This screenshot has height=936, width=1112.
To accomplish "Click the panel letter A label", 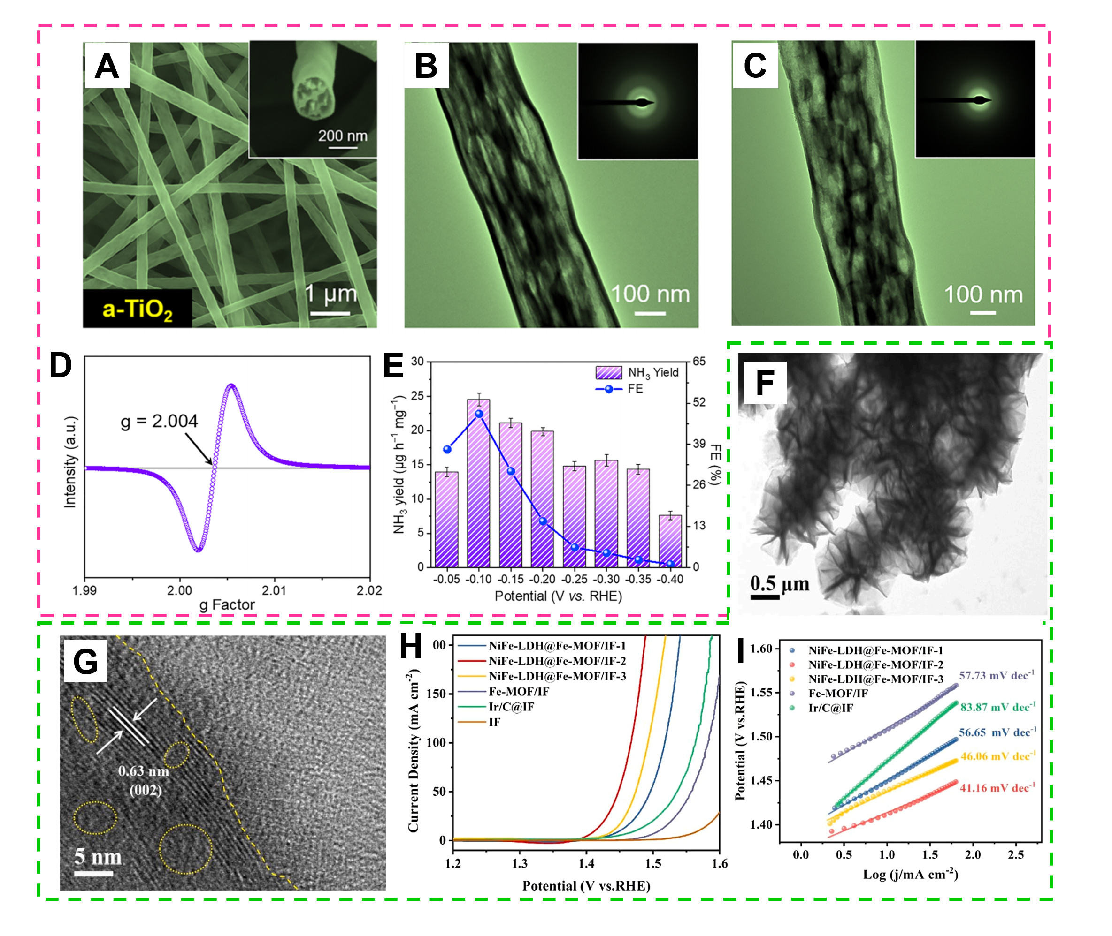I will pos(107,66).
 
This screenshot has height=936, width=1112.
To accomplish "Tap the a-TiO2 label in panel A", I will pos(137,309).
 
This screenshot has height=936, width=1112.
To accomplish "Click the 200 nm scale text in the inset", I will pos(343,136).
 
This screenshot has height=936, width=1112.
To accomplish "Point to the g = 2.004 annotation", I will pos(159,421).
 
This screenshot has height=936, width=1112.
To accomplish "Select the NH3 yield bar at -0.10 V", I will pos(478,483).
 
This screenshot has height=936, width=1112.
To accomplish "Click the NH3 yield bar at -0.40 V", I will pos(670,541).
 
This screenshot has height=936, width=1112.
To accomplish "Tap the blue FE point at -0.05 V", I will pos(447,449).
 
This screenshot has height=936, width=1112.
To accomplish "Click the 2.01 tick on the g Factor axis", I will pos(274,590).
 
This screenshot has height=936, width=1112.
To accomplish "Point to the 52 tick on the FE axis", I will pos(699,402).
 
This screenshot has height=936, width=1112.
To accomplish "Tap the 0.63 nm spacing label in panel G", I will pos(143,771).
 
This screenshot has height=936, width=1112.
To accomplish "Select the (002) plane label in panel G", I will pos(146,790).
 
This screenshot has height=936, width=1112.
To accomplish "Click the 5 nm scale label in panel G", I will pos(98,856).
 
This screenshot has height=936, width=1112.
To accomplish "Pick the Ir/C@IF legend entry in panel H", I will pos(511,707).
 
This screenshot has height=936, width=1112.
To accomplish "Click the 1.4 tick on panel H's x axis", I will pos(586,864).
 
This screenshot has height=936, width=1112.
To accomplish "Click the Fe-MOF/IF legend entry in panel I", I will pos(837,694).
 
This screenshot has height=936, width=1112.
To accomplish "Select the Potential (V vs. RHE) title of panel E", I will pos(558,596).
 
